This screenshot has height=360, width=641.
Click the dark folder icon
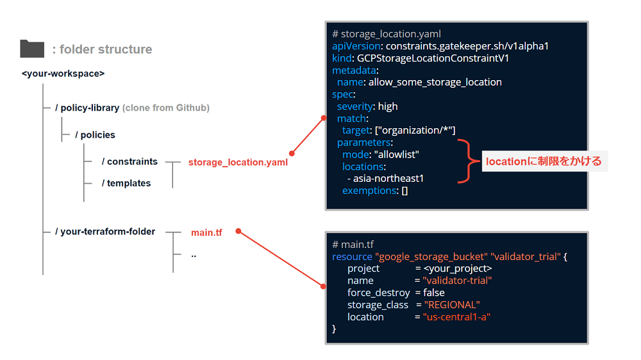pyautogui.click(x=32, y=49)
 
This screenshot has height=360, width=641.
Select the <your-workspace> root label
pyautogui.click(x=63, y=74)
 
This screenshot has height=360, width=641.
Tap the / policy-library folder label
pyautogui.click(x=87, y=108)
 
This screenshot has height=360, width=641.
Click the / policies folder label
pyautogui.click(x=95, y=135)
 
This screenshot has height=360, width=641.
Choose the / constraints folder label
pyautogui.click(x=129, y=161)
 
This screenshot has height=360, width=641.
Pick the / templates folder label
pyautogui.click(x=126, y=183)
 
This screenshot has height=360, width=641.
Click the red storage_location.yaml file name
pyautogui.click(x=238, y=162)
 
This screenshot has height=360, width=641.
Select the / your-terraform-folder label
pyautogui.click(x=105, y=232)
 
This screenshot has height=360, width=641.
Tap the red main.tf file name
pyautogui.click(x=206, y=233)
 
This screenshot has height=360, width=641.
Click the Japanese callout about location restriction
pyautogui.click(x=544, y=161)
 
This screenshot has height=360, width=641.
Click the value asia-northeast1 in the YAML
pyautogui.click(x=388, y=179)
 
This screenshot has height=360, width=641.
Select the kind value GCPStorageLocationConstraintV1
pyautogui.click(x=433, y=58)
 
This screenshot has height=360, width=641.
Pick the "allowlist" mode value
pyautogui.click(x=397, y=154)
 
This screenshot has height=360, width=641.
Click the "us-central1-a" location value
pyautogui.click(x=456, y=316)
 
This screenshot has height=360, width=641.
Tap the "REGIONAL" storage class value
pyautogui.click(x=452, y=305)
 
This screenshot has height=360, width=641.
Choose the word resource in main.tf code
pyautogui.click(x=352, y=257)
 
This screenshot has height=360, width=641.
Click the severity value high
pyautogui.click(x=388, y=106)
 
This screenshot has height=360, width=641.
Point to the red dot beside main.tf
pyautogui.click(x=238, y=231)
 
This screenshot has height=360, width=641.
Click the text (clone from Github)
pyautogui.click(x=166, y=108)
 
